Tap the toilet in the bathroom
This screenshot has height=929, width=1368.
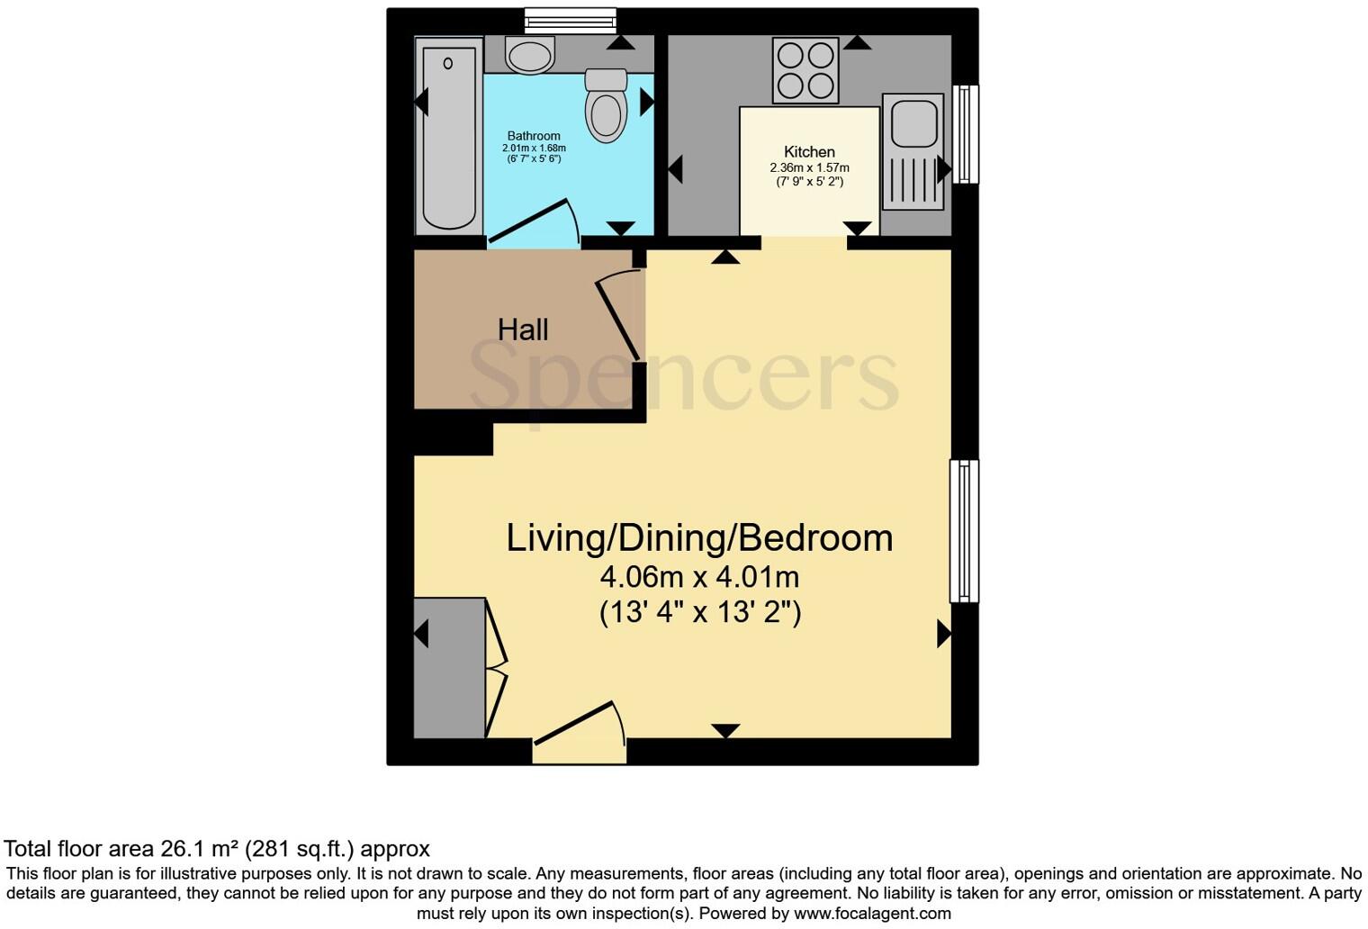coord(606,106)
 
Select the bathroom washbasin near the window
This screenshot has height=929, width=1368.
coord(529,56)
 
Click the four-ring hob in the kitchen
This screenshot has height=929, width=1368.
coord(805,70)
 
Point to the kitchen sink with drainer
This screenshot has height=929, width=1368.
coord(913,151)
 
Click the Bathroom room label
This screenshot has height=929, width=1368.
coord(534,136)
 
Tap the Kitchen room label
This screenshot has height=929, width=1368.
coord(809,152)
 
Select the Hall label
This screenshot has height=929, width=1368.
coord(523,329)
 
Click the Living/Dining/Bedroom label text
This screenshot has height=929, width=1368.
coord(699,538)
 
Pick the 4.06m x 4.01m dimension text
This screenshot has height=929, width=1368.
coord(699,576)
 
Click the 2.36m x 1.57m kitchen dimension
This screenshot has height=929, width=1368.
coord(809,167)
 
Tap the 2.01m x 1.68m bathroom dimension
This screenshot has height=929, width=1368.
coord(534,148)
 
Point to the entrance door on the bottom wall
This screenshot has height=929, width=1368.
coord(579,727)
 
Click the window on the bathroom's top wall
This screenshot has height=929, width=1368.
coord(570,20)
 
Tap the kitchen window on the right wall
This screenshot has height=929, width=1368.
coord(965,134)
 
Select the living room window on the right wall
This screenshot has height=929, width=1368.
coord(964,530)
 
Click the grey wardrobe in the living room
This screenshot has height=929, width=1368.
coord(449,667)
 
